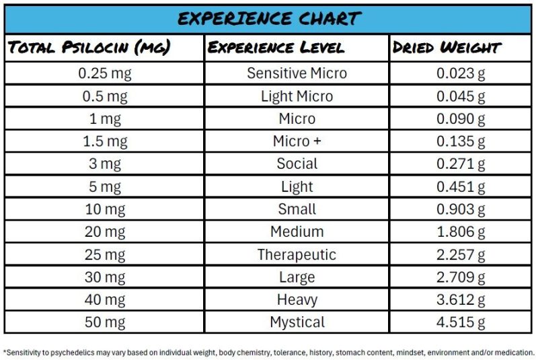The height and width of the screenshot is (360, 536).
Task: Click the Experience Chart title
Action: point(269,17)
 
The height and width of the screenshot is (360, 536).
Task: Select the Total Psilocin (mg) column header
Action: point(89,47)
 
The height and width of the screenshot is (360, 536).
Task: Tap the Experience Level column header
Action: point(276,47)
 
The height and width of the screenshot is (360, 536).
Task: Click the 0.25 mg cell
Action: point(104,73)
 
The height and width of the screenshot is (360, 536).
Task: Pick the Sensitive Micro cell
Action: point(297,73)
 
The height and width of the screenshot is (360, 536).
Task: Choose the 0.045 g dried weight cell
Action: point(461,96)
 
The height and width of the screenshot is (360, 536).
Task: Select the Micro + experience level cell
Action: point(297,141)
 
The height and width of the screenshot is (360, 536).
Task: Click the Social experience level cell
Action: point(297,164)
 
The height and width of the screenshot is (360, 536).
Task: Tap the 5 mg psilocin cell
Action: point(104,186)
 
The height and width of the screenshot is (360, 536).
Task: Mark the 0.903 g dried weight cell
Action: point(461,209)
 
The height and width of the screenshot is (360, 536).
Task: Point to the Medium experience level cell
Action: point(297,231)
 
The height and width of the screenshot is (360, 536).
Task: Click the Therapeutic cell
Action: point(297,254)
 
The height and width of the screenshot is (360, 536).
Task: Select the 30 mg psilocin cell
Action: point(104,277)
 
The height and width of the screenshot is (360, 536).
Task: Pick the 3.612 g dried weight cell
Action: point(461,299)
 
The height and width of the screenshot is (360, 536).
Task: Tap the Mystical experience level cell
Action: point(297,322)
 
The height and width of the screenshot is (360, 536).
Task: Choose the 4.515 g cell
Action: point(461,322)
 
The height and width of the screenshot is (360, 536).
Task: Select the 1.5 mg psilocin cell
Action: point(104,141)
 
